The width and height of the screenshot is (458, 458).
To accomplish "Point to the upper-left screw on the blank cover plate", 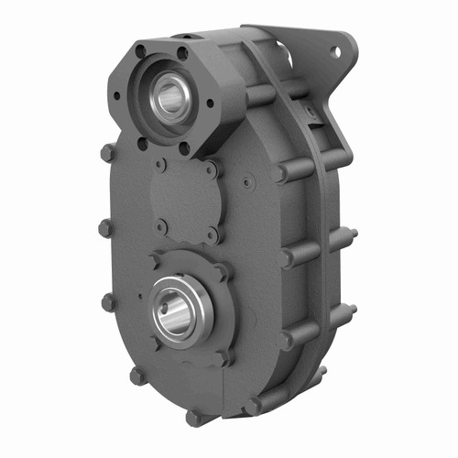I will tap(161, 166).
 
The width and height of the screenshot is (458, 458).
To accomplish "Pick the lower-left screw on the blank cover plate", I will tap(161, 224).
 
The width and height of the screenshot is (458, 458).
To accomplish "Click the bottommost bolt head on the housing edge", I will tap(193, 418).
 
